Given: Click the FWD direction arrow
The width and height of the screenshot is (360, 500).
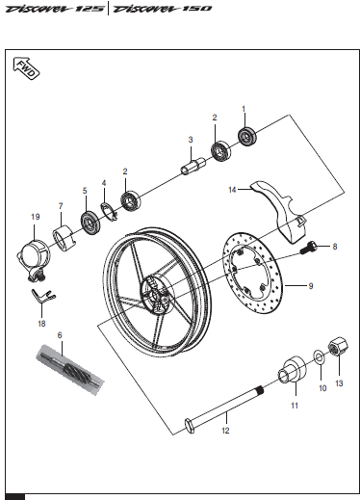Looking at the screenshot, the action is [x=26, y=68].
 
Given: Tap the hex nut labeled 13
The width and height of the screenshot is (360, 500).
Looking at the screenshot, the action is [x=338, y=346].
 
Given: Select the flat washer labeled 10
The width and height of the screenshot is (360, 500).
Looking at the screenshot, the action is [x=319, y=356].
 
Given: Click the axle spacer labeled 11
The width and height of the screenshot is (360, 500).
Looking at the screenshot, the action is [x=292, y=369].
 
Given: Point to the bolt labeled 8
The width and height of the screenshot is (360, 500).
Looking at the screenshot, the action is [x=309, y=248].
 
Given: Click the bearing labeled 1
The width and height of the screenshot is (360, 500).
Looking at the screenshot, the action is [x=247, y=136].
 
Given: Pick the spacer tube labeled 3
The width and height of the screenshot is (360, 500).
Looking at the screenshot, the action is [x=193, y=166].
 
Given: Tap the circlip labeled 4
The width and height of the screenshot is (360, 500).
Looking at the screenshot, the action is [x=110, y=212].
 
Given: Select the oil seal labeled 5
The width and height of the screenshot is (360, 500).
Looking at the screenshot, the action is [x=91, y=222].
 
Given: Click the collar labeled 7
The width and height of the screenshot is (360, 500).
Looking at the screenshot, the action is [x=65, y=238].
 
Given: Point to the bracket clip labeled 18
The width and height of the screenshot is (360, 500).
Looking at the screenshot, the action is [x=43, y=296].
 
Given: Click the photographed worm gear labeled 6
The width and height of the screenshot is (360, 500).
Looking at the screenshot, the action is [x=70, y=370].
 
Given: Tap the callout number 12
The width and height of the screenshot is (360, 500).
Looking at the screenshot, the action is [x=225, y=431].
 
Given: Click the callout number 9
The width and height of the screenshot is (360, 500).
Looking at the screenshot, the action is [x=311, y=286].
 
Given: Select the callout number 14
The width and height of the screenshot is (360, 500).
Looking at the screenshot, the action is [x=232, y=190].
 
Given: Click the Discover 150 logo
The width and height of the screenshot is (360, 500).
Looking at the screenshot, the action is [x=163, y=9].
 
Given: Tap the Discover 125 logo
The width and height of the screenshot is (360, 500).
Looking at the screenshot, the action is [x=55, y=9].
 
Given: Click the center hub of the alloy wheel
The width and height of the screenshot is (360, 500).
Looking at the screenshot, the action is [x=157, y=295].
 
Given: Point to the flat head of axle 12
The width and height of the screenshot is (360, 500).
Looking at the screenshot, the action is [x=190, y=426].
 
